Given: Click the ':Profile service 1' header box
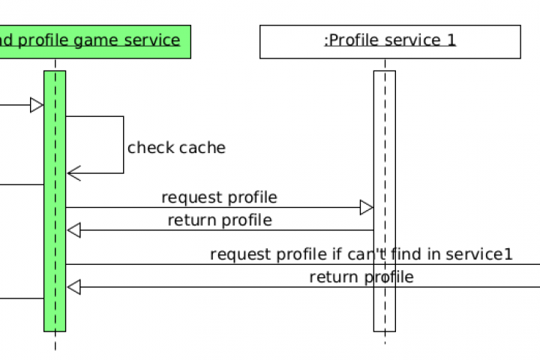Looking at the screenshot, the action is [390, 42].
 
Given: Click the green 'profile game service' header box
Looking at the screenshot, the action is [95, 42].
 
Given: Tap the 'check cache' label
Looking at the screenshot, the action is [176, 148].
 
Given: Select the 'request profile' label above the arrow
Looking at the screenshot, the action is [219, 198].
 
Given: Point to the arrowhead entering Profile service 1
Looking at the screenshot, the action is [367, 208].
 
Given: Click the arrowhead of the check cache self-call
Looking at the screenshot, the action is [74, 173].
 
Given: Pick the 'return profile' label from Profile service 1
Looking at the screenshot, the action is [220, 220].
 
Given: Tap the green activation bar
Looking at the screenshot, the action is [55, 201].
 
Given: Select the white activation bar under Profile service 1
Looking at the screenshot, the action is [385, 201].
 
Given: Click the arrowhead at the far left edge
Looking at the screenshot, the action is [37, 105].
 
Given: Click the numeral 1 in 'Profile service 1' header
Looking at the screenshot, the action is [451, 40].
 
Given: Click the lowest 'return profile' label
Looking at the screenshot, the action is [361, 277].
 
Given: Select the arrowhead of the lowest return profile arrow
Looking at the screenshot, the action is [74, 287].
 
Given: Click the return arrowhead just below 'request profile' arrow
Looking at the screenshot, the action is [74, 230].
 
